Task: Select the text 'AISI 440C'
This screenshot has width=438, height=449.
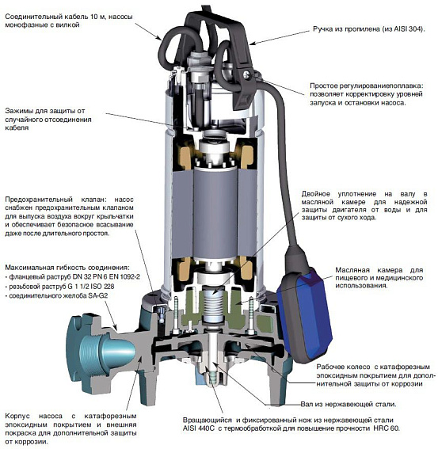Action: pyautogui.click(x=195, y=428)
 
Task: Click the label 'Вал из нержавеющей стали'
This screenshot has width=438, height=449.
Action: pyautogui.click(x=348, y=405)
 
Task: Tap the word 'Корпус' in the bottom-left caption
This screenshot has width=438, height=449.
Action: pyautogui.click(x=17, y=416)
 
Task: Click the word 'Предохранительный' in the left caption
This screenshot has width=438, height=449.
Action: pyautogui.click(x=39, y=200)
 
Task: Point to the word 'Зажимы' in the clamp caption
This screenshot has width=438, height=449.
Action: pyautogui.click(x=18, y=111)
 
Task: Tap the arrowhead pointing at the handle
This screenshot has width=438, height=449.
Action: pyautogui.click(x=253, y=44)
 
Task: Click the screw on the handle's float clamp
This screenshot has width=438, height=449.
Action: pyautogui.click(x=246, y=74)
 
